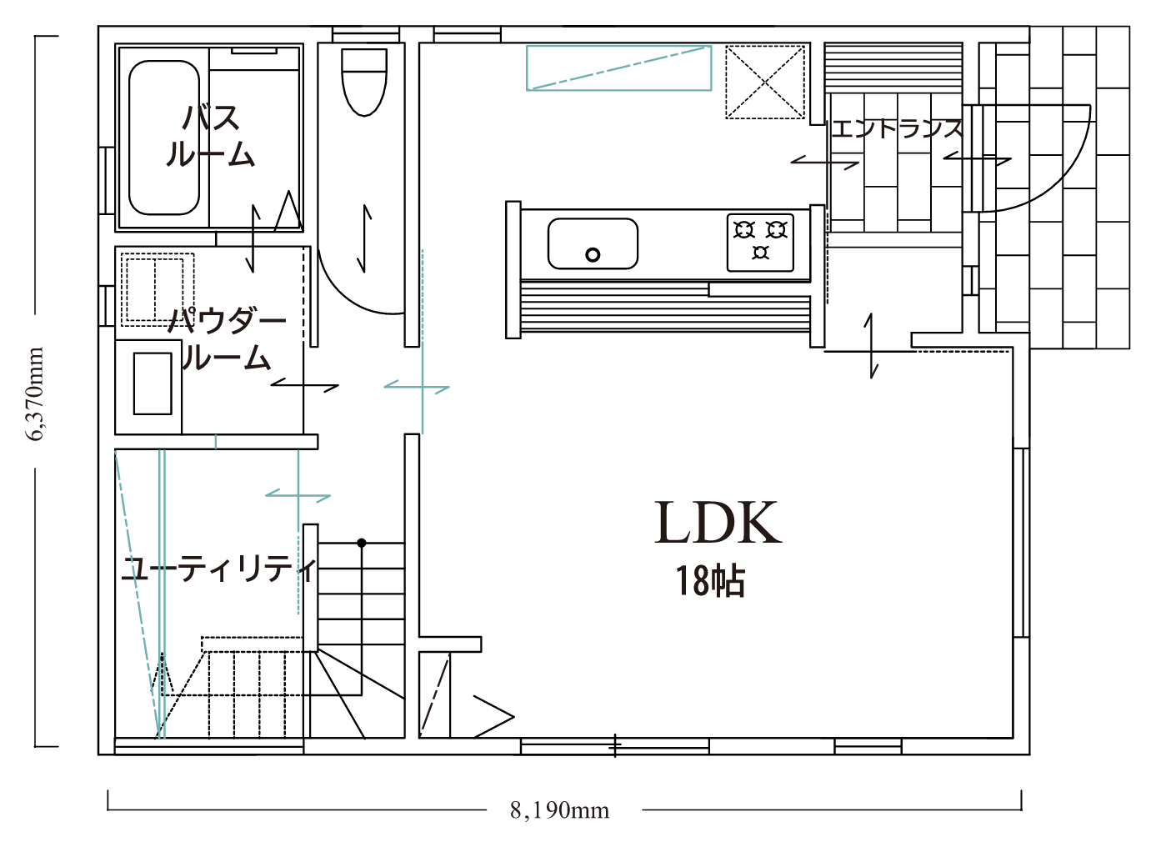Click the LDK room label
(x=718, y=523)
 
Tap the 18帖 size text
(x=711, y=582)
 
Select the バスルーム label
(x=211, y=135)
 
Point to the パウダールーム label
(x=227, y=339)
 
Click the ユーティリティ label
(x=219, y=570)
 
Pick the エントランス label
(x=897, y=128)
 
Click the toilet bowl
(x=364, y=82)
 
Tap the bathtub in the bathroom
(x=164, y=138)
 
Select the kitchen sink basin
(x=593, y=243)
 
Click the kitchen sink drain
(x=593, y=254)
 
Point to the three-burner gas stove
(x=760, y=243)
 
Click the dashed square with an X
(x=765, y=82)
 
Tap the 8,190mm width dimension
(x=559, y=810)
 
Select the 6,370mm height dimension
(x=35, y=393)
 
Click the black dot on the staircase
(x=362, y=543)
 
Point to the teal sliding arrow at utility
(x=298, y=495)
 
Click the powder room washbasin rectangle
(x=153, y=384)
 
